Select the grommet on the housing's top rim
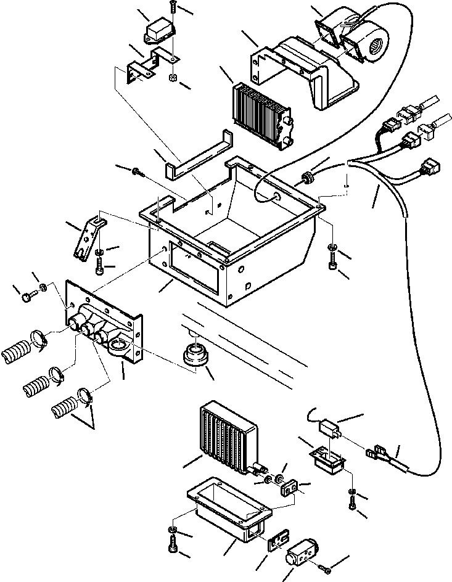(305, 179)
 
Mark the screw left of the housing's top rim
(138, 171)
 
